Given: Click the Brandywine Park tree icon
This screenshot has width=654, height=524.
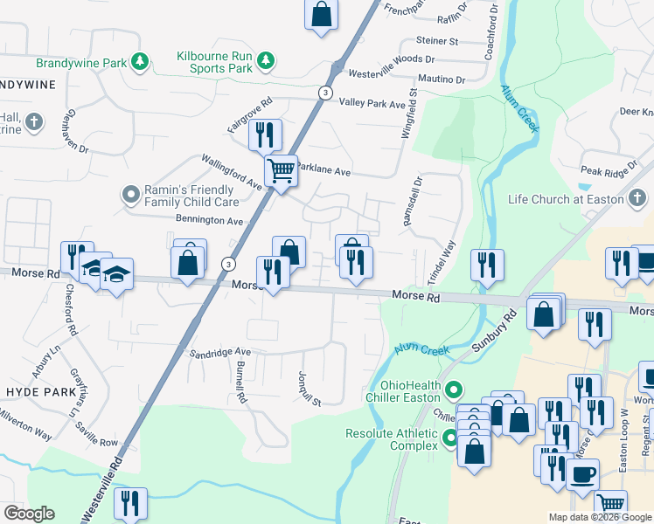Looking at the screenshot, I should pyautogui.click(x=139, y=62).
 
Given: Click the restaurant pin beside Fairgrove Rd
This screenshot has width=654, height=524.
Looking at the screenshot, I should pyautogui.click(x=265, y=135).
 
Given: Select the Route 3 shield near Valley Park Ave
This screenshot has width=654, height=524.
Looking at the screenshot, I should pyautogui.click(x=324, y=93).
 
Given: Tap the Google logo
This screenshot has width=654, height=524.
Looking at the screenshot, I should pyautogui.click(x=28, y=514).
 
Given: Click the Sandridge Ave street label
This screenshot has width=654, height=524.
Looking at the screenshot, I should pyautogui.click(x=220, y=353).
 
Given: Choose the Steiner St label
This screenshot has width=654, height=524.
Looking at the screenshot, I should pyautogui.click(x=437, y=41).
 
